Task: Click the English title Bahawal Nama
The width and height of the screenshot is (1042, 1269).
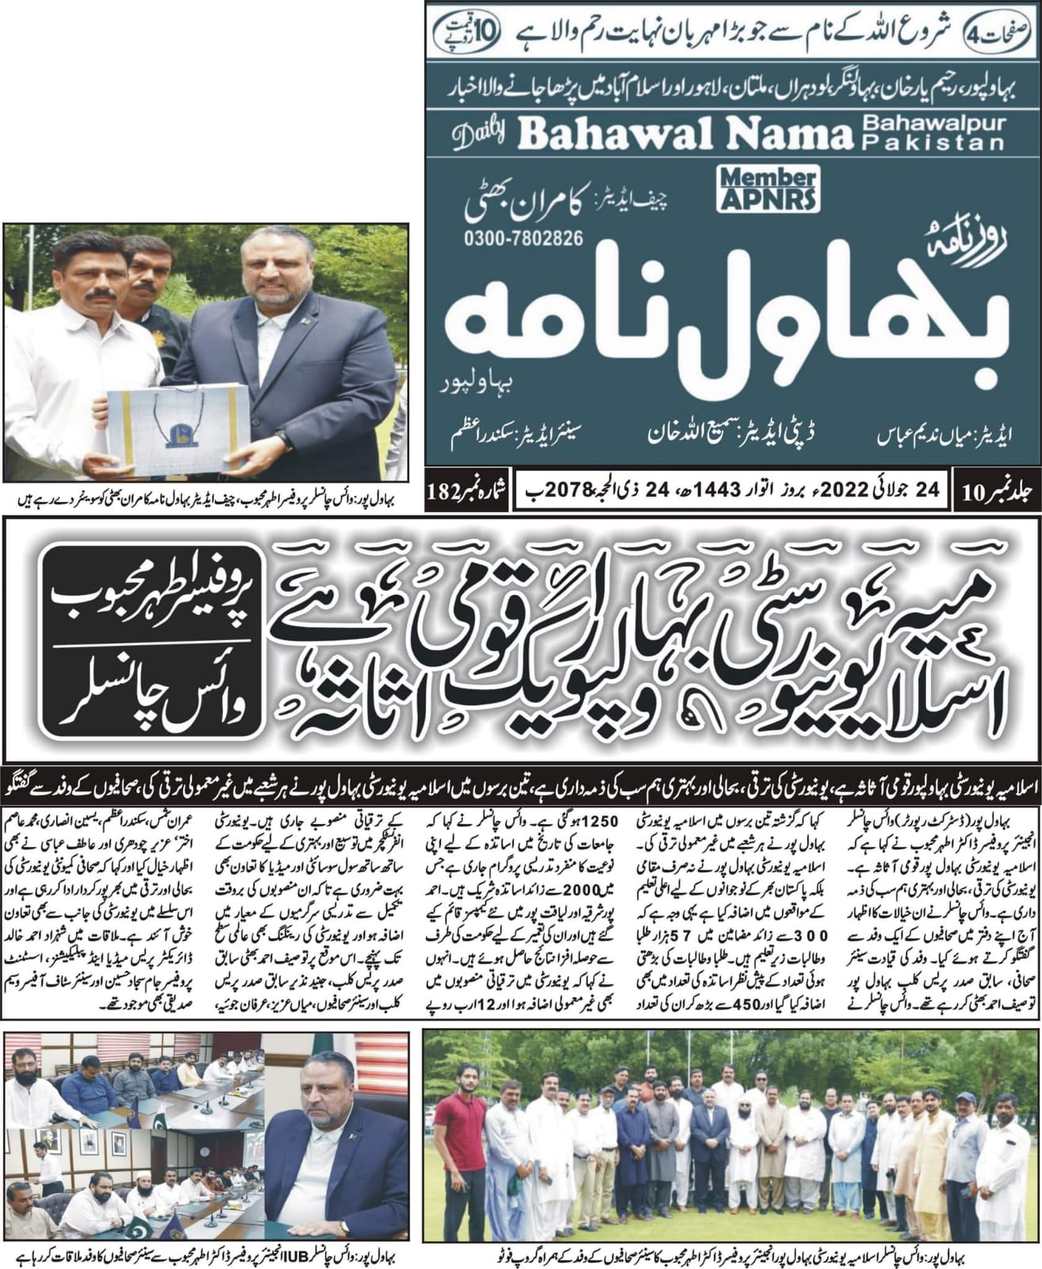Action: click(x=681, y=136)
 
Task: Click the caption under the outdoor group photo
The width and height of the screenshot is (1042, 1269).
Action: click(x=730, y=1256)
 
